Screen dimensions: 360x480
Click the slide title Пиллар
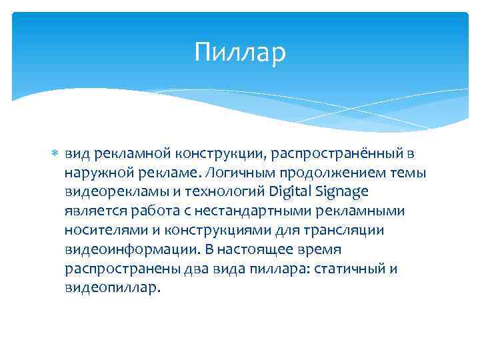point(240,53)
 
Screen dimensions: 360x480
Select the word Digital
point(293,192)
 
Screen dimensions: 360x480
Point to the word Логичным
point(236,173)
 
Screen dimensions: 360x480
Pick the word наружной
point(94,173)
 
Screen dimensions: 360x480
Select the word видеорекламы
point(107,192)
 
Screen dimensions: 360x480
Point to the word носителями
point(98,230)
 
